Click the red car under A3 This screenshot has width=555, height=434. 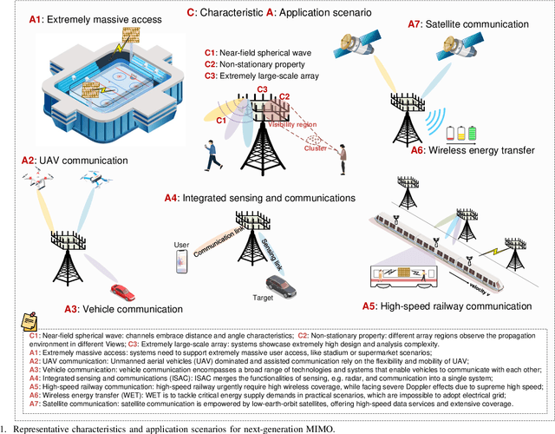pyautogui.click(x=122, y=293)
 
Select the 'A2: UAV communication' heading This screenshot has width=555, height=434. pyautogui.click(x=65, y=161)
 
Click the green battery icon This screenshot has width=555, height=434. pyautogui.click(x=482, y=134)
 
